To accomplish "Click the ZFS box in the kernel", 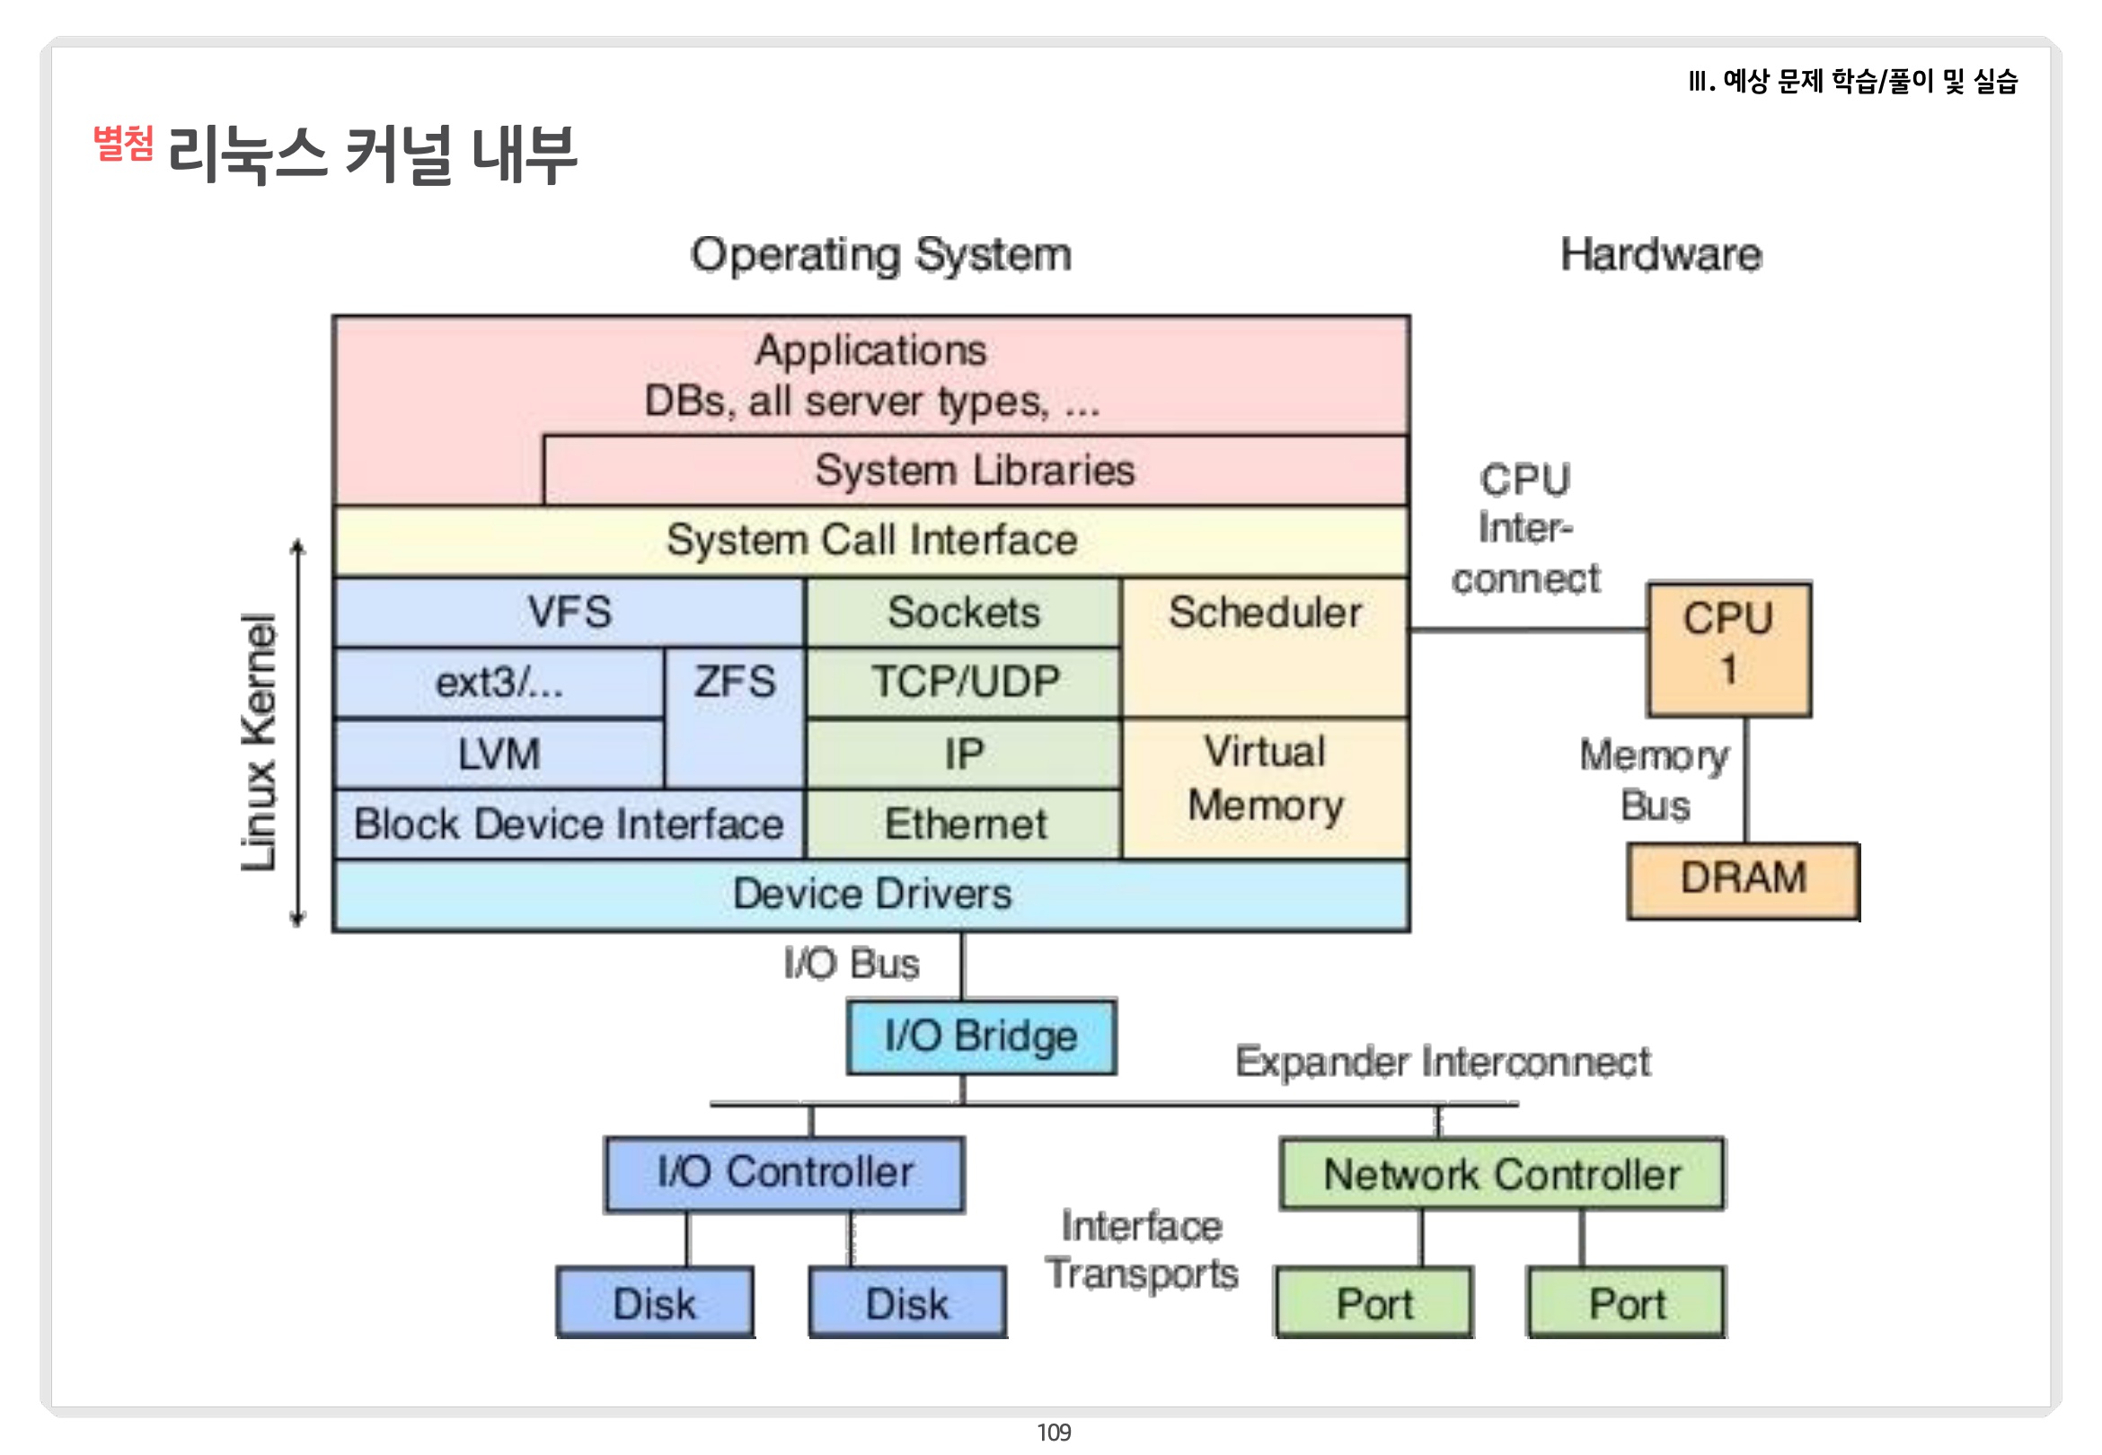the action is point(735,718).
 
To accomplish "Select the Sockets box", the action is point(964,612).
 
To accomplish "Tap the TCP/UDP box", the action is point(964,683).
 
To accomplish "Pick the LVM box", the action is point(499,754).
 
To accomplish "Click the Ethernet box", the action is point(964,824).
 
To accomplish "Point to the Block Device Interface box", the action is point(569,824).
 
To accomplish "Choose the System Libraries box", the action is point(976,471).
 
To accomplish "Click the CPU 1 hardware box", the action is point(1728,648).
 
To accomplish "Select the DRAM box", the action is point(1743,881).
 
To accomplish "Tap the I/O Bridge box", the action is point(981,1036).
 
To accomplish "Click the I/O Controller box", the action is point(784,1174).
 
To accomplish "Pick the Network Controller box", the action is point(1502,1174).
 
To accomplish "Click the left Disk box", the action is point(655,1302).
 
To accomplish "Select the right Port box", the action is point(1626,1302).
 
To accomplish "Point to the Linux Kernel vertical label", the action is point(259,742).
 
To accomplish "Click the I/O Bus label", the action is point(852,964).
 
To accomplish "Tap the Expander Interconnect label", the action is point(1442,1063).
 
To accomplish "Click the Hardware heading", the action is point(1661,254).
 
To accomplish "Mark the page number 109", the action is point(1054,1433).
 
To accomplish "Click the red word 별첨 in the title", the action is point(123,143).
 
